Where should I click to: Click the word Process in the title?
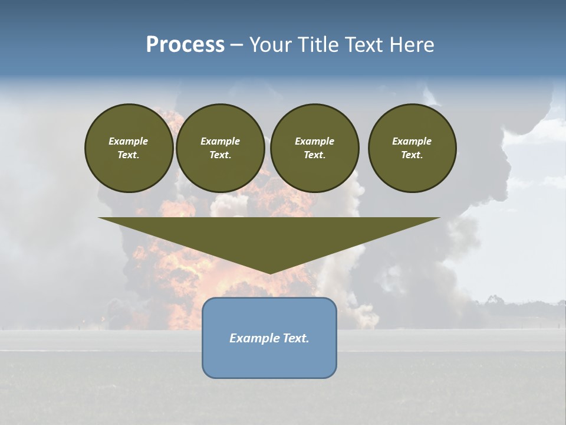point(185,45)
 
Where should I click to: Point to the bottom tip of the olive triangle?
point(270,273)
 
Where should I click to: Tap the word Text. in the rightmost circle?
point(412,155)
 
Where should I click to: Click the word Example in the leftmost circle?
point(129,141)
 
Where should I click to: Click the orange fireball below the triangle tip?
point(259,295)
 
